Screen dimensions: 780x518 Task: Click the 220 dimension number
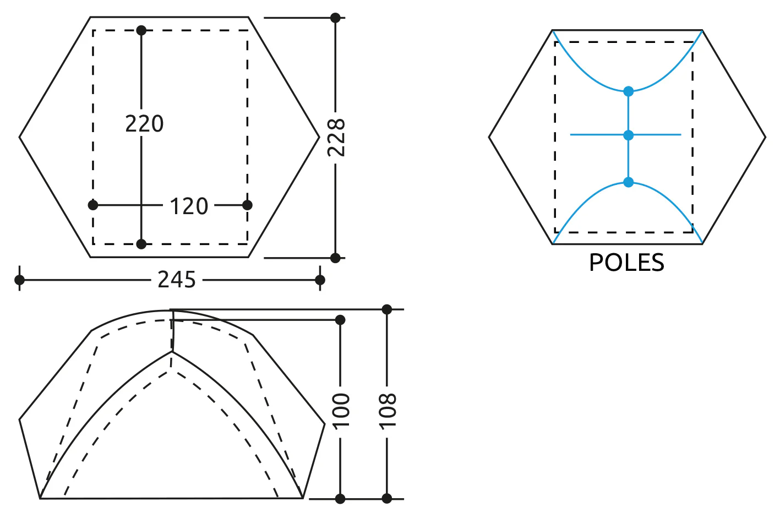pos(144,123)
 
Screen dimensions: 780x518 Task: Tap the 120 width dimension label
pos(189,206)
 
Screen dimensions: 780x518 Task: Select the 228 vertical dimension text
pos(336,138)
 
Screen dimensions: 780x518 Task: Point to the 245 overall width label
pos(177,280)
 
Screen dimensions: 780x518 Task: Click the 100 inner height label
pos(341,411)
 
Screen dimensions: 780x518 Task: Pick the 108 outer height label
pos(388,411)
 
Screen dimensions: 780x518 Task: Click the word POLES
pos(626,263)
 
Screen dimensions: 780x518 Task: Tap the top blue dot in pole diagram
pos(628,91)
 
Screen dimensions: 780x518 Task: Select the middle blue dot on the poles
pos(628,135)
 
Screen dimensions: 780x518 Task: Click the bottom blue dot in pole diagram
pos(628,182)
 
